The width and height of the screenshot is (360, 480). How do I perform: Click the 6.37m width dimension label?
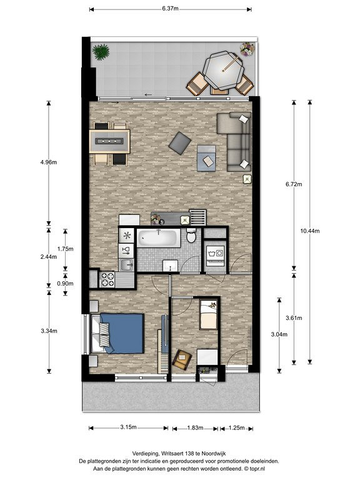point(170,9)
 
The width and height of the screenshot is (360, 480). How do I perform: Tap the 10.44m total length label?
point(310,231)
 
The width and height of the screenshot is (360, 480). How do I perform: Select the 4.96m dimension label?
point(49,162)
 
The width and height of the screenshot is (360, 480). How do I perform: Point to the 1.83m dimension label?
point(195,427)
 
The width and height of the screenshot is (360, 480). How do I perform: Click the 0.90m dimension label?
point(65,284)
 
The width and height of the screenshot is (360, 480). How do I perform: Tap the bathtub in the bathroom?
point(159,237)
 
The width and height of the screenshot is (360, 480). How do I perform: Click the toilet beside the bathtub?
point(191,236)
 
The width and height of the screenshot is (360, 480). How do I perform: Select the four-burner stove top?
point(107,279)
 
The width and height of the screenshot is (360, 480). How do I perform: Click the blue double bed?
point(118,333)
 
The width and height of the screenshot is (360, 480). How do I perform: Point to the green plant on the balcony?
point(101,52)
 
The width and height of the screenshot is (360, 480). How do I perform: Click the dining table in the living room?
point(109,141)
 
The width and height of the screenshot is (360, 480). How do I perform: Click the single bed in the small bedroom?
point(208,314)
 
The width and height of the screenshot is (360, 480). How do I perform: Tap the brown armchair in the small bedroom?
point(182,359)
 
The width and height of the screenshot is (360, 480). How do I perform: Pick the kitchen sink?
point(126,265)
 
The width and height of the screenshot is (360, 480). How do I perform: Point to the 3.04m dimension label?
point(279,334)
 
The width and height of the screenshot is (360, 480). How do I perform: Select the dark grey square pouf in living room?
point(180,143)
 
